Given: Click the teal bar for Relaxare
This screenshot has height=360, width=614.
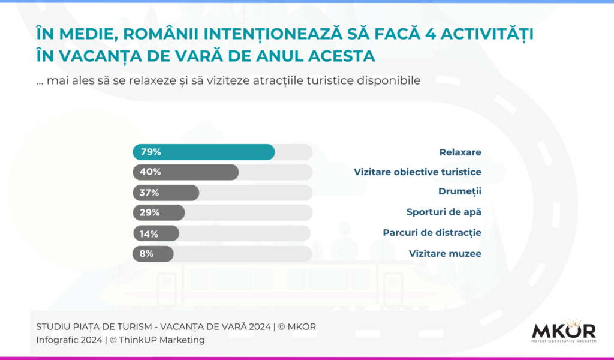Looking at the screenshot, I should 204,152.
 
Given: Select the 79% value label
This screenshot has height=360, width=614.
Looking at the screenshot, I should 151,152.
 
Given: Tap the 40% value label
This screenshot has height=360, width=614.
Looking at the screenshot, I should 151,172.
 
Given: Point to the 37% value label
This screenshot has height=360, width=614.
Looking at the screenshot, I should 150,193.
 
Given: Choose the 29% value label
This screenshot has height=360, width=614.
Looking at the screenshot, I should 150,212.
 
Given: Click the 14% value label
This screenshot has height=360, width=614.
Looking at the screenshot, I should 149,233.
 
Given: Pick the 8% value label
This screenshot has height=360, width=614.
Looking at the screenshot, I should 146,253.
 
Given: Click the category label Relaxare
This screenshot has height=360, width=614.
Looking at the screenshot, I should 460,152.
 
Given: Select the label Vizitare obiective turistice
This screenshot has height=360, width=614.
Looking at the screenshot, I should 417,172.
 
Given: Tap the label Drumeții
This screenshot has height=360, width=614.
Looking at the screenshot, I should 459,191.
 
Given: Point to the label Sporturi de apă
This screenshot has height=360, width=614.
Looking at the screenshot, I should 444,212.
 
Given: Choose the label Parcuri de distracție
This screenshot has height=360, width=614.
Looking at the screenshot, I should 432,232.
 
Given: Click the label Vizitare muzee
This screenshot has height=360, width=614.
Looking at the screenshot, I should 445,253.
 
